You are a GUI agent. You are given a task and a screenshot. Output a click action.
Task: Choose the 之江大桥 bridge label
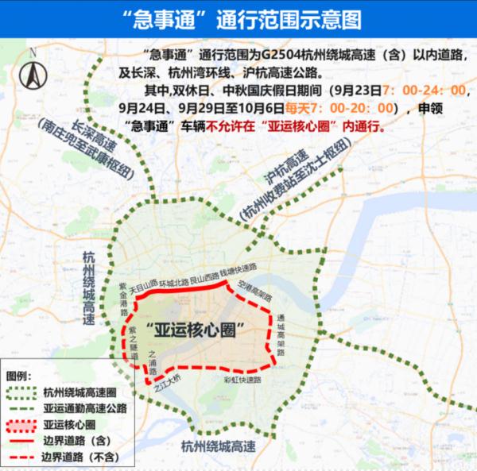pyautogui.click(x=166, y=388)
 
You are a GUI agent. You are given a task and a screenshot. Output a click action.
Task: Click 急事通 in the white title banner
pyautogui.click(x=158, y=17)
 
